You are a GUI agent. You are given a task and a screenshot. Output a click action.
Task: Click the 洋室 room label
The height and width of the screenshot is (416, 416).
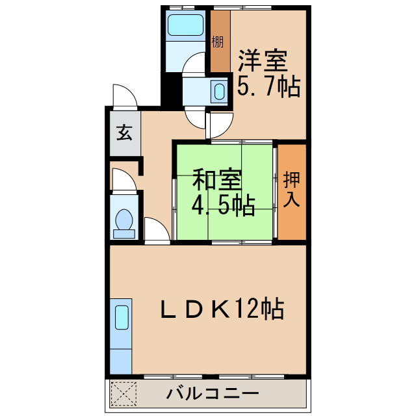click(262, 61)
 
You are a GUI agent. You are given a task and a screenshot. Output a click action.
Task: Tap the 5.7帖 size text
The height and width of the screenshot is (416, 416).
click(268, 86)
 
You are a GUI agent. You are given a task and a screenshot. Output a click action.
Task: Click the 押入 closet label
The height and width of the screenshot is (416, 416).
click(292, 188)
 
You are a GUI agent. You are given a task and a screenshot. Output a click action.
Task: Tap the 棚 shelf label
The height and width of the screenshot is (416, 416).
click(218, 42)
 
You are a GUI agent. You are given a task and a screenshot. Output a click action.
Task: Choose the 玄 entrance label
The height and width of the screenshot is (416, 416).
click(125, 133)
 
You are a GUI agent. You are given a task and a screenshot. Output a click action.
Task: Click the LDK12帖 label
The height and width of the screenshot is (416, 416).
click(222, 309)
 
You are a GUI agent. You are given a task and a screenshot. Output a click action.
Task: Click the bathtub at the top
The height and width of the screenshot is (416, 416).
click(186, 25)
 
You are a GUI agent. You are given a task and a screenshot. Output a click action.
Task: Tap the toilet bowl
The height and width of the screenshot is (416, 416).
click(123, 221)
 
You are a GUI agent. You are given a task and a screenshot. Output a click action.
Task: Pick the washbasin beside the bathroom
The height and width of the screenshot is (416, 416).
click(220, 90)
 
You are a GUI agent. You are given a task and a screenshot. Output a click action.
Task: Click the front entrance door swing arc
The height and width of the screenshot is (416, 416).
click(124, 96)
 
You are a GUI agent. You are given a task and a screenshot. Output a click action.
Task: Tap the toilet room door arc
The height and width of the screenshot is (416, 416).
click(123, 180)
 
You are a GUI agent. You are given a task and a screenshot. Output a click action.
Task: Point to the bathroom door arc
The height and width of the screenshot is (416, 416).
click(193, 64)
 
